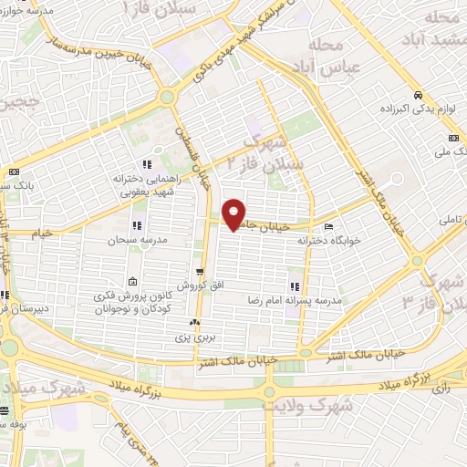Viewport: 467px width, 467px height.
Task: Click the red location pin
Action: (x=234, y=214)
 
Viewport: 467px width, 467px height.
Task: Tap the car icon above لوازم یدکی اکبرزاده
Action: (x=416, y=95)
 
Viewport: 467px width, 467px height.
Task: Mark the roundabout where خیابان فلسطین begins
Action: (x=167, y=97)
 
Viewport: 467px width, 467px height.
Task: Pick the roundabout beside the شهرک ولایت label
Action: (x=268, y=392)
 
